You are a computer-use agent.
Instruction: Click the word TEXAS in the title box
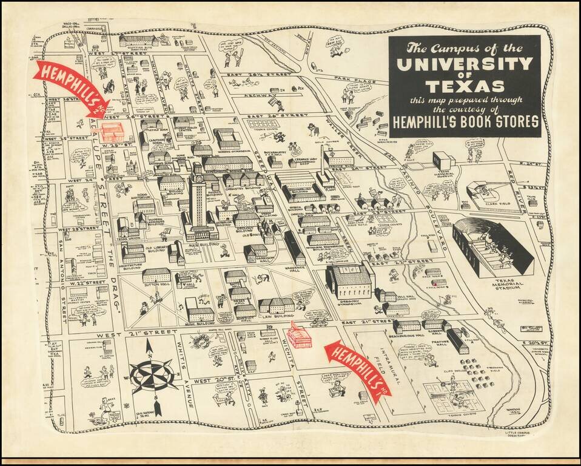point(465,86)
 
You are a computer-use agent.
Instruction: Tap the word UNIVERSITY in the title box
point(465,63)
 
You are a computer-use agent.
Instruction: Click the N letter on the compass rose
point(150,345)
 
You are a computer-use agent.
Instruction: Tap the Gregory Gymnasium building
point(349,280)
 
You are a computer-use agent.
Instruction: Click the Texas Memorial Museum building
point(443,160)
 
